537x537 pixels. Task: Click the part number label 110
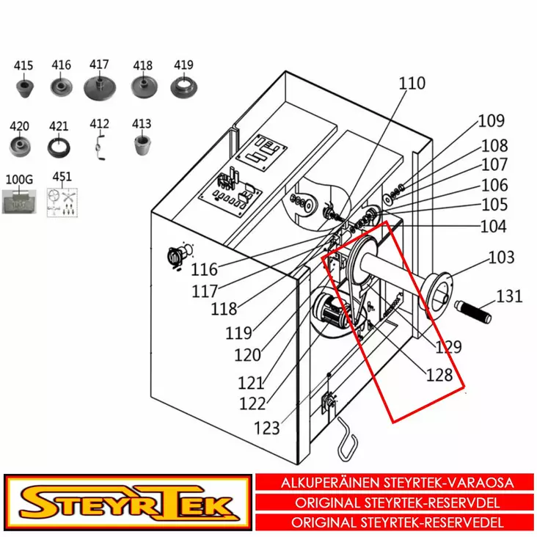coord(412,84)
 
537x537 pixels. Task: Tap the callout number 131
coord(509,296)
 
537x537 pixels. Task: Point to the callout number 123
coord(267,427)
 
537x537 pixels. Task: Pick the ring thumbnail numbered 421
coord(58,145)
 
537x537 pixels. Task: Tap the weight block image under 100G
coord(19,200)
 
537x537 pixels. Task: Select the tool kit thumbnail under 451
coord(62,202)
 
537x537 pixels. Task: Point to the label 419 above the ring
coord(183,65)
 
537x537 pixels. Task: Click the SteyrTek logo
coord(126,503)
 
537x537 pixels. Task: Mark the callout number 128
coord(439,375)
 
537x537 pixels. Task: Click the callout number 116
coord(204,271)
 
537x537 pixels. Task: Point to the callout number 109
coord(492,121)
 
